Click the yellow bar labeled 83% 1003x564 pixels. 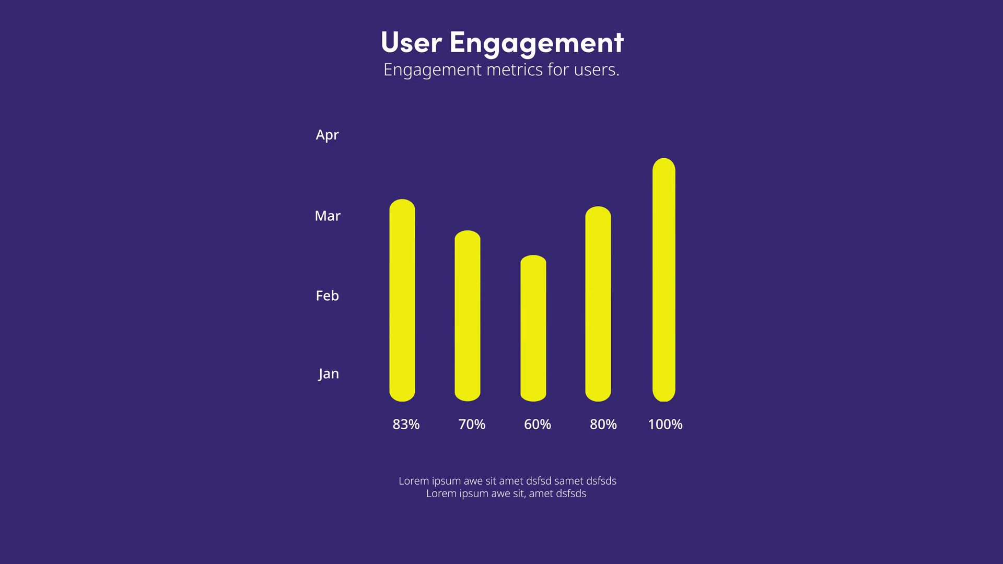coord(402,300)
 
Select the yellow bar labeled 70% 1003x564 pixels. coord(468,316)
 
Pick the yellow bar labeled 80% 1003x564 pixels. coord(598,304)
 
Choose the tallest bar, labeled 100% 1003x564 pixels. coord(664,279)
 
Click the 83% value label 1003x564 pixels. coord(406,425)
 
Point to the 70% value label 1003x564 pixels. coord(472,425)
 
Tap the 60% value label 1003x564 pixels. coord(538,425)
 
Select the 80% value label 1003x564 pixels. coord(603,425)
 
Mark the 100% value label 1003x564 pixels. coord(665,425)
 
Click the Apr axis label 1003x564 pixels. coord(328,135)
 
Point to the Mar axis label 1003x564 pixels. coord(328,216)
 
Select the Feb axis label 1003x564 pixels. coord(328,296)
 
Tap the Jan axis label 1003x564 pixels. coord(329,374)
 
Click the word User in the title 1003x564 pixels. coord(412,42)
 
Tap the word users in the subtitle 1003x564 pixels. coord(596,70)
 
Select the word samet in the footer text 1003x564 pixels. coord(568,481)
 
